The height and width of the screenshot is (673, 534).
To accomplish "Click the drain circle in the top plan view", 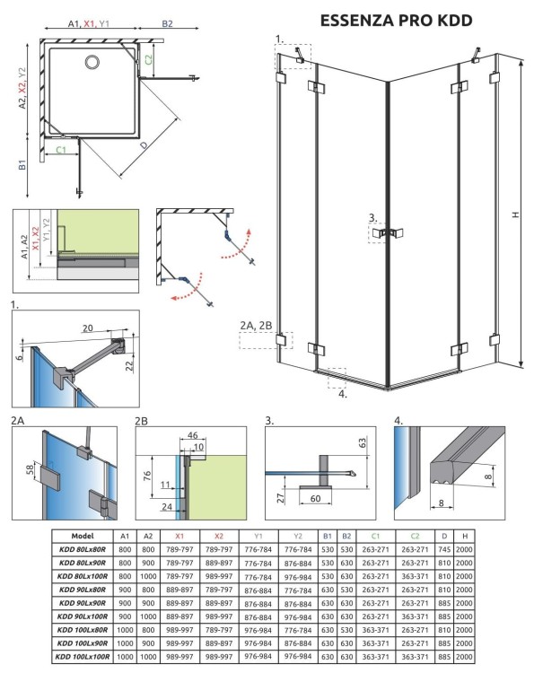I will [92, 62].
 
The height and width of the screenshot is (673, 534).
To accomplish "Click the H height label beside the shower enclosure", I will [514, 214].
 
